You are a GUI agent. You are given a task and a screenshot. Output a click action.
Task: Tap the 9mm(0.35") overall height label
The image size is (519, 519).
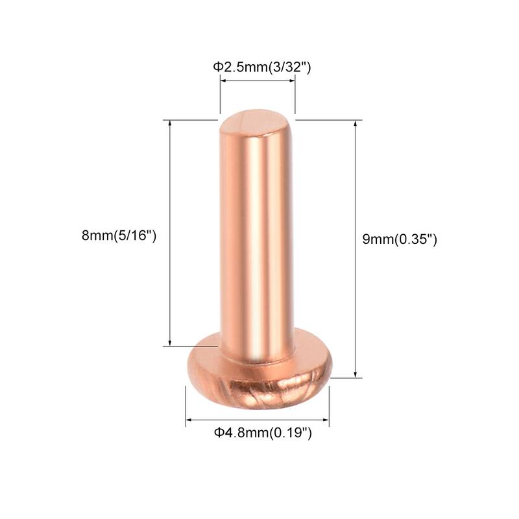click(400, 239)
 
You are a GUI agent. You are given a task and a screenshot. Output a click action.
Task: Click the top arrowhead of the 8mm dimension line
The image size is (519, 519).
click(170, 123)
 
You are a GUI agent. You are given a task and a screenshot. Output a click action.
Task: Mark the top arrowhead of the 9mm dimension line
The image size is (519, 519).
click(355, 123)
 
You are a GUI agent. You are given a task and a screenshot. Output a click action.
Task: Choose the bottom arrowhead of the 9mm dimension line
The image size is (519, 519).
click(355, 374)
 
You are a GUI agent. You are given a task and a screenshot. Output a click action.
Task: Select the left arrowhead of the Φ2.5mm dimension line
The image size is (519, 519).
click(223, 80)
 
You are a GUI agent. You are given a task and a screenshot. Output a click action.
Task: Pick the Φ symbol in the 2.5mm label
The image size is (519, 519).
click(218, 66)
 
